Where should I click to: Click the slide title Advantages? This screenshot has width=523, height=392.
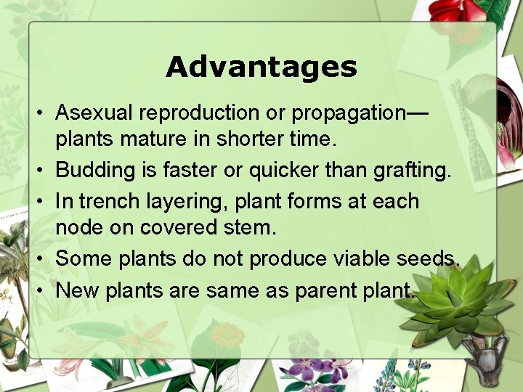pyautogui.click(x=261, y=67)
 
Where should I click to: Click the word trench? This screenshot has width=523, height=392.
pyautogui.click(x=114, y=200)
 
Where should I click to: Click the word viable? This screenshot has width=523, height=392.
pyautogui.click(x=352, y=258)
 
